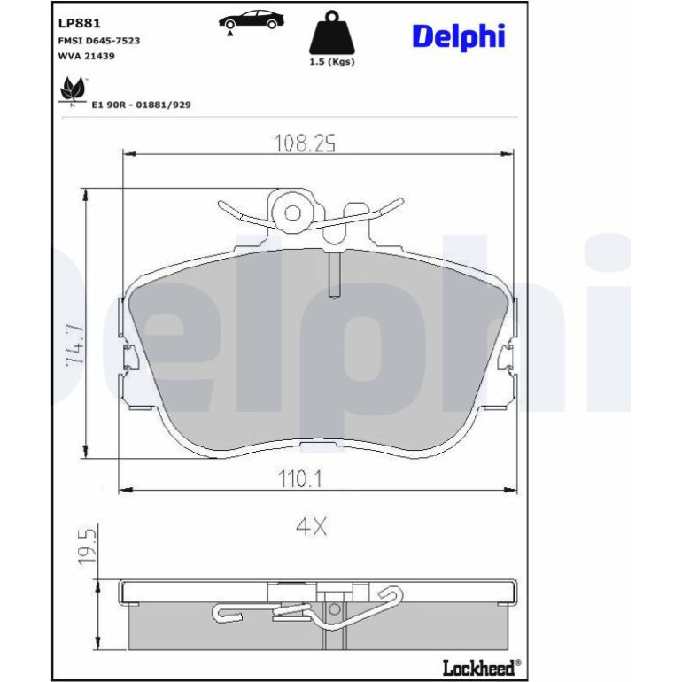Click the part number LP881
tap(79, 23)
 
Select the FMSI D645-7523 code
tap(99, 41)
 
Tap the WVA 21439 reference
tap(87, 56)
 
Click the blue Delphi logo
tap(459, 37)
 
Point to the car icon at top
tap(251, 20)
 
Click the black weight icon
tap(332, 32)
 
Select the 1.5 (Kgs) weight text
tap(332, 62)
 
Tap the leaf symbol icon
tap(73, 90)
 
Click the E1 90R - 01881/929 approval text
tap(142, 105)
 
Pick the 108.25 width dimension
tap(305, 143)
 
